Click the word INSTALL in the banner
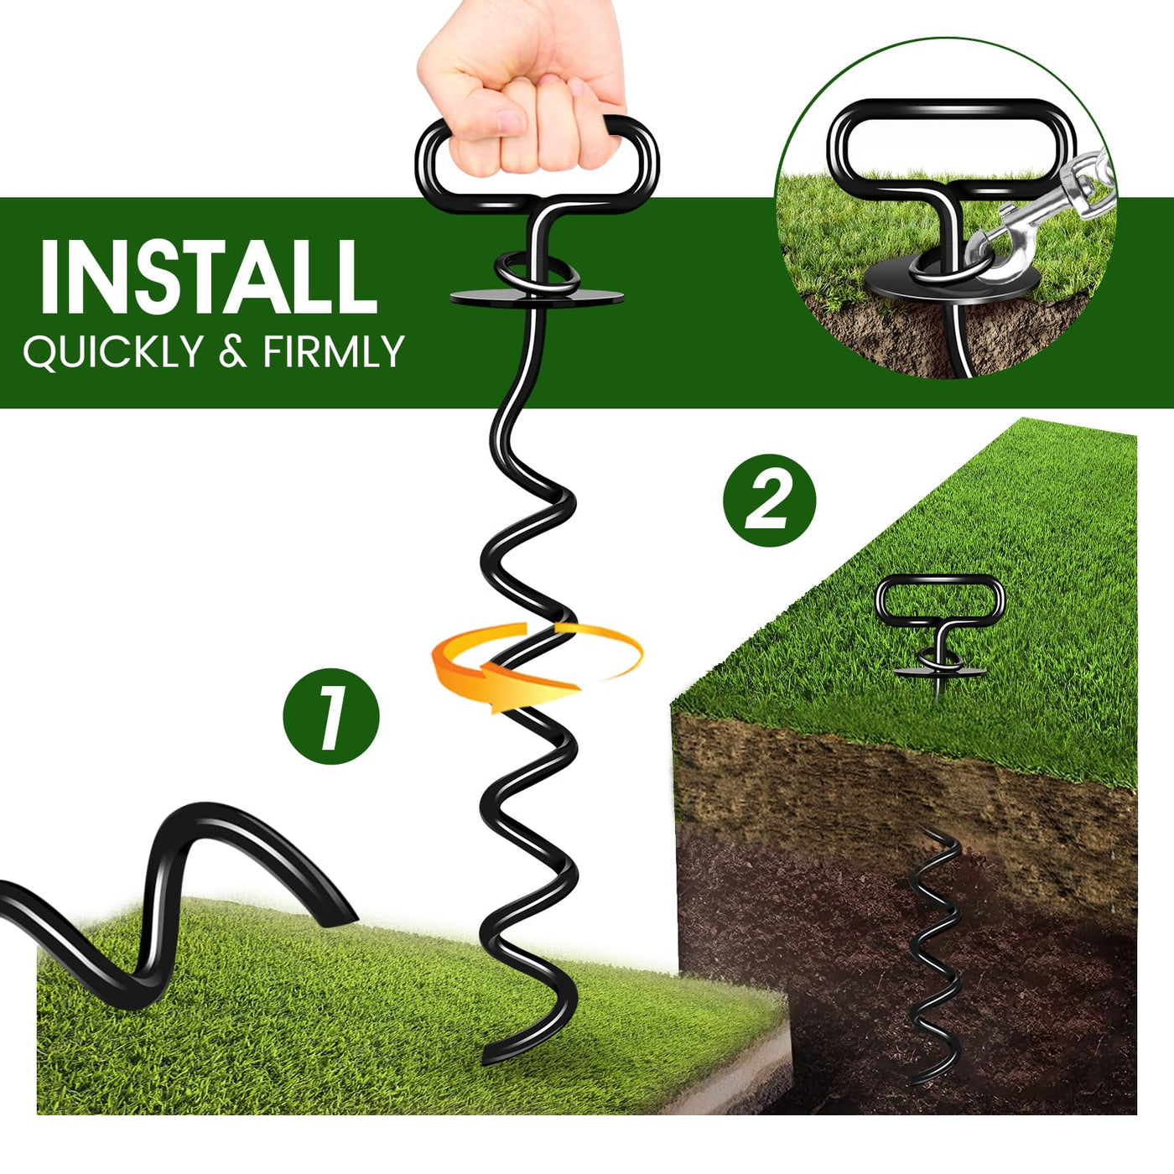click(x=208, y=278)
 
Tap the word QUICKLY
click(x=112, y=351)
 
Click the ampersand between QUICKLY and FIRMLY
click(x=232, y=351)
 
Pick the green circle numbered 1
click(x=330, y=716)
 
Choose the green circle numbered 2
click(x=769, y=500)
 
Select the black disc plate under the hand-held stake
click(x=537, y=298)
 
